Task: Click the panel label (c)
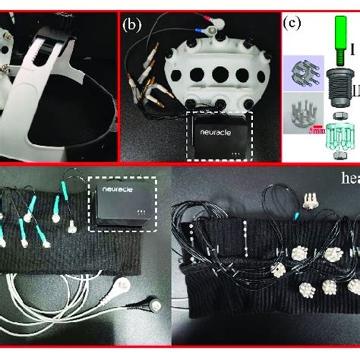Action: click(x=292, y=23)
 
